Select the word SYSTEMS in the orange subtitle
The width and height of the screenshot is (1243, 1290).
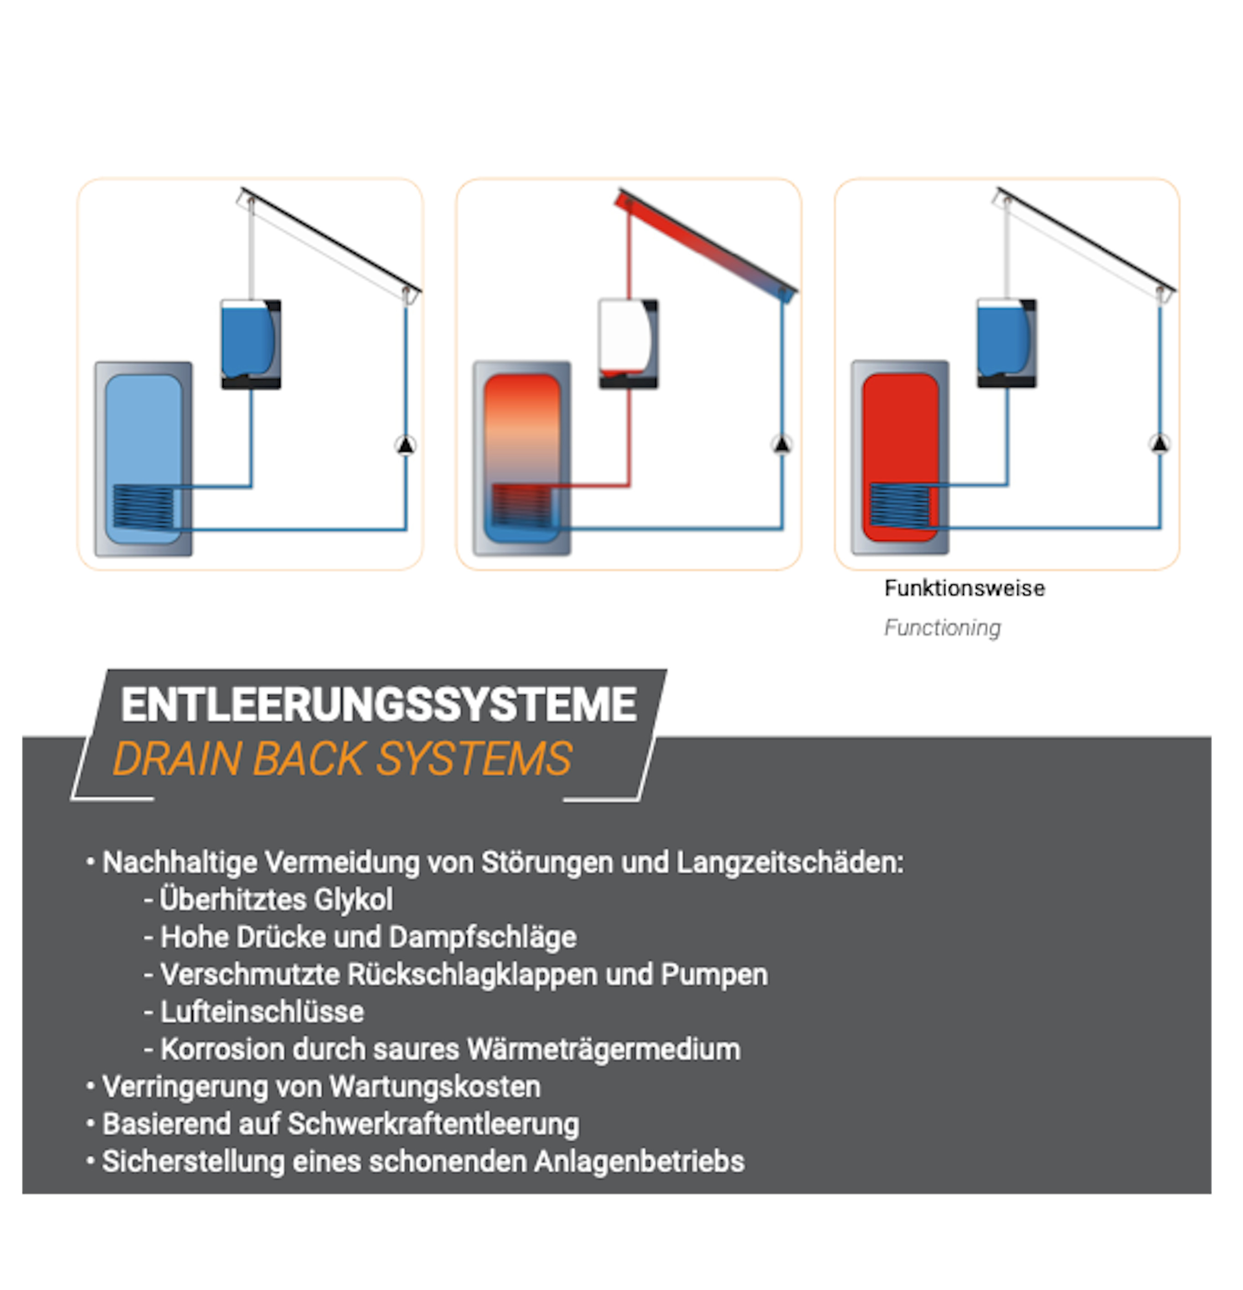pos(473,759)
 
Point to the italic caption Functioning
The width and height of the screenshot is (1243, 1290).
pos(942,627)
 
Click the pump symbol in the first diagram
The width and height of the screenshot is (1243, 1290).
pos(405,446)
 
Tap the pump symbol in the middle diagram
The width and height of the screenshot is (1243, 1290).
pos(781,445)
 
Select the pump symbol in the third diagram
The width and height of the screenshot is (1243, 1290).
pos(1160,444)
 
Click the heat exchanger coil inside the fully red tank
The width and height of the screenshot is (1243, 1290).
pos(899,506)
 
